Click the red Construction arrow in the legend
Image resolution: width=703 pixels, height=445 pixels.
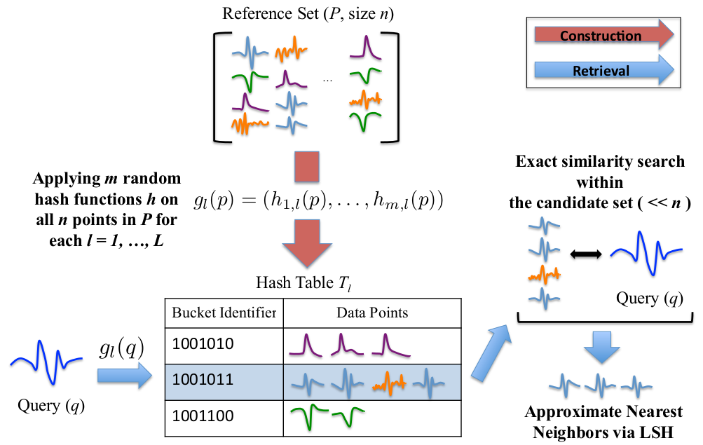click(x=599, y=36)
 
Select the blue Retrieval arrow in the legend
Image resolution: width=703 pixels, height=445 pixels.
click(x=599, y=71)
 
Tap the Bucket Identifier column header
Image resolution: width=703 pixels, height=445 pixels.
click(x=224, y=313)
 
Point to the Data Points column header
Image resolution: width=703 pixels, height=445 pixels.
click(x=371, y=313)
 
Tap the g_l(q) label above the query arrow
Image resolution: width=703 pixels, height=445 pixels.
click(x=123, y=347)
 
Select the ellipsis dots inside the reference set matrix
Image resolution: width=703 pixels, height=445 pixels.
click(x=327, y=80)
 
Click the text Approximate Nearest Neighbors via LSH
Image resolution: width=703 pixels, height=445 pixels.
click(x=603, y=422)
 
